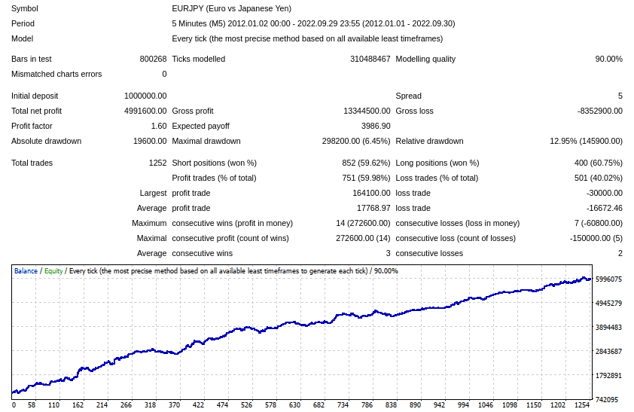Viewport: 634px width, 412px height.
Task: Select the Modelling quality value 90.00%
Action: tap(608, 59)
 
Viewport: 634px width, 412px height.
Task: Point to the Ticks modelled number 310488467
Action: tap(370, 59)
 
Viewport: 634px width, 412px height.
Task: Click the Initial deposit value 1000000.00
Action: tap(145, 96)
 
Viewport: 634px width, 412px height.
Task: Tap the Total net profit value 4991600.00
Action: tap(145, 111)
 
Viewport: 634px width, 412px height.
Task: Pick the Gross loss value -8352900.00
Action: tap(600, 111)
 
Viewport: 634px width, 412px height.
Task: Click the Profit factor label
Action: tap(32, 126)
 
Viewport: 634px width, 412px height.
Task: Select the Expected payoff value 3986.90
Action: tap(376, 126)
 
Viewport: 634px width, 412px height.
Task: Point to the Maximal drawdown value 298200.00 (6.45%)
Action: tap(356, 141)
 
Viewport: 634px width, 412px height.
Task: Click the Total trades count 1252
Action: tap(157, 163)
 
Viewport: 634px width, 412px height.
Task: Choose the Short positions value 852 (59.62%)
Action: tap(366, 163)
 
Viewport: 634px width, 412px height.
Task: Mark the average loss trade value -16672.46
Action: tap(604, 208)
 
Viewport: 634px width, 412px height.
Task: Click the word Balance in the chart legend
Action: tap(26, 271)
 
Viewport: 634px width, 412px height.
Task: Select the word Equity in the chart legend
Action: tap(53, 271)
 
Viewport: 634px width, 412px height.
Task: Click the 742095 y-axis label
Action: tap(608, 399)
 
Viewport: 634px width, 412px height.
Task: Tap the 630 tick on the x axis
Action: tap(295, 404)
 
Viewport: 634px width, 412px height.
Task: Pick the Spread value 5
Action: tap(620, 96)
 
